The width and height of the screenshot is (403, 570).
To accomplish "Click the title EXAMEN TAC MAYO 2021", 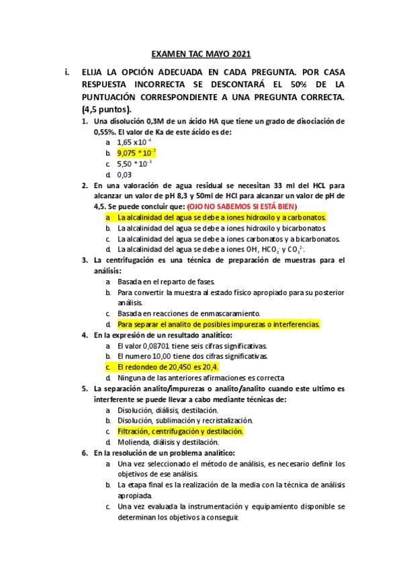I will [x=201, y=54].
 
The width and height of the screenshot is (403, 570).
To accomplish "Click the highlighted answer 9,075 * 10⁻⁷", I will [x=136, y=153].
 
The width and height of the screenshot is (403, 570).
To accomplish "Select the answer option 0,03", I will [x=124, y=174].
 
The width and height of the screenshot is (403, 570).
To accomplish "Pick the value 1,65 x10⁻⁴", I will [x=134, y=142].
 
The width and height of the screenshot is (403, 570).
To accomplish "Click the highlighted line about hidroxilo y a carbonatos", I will [x=221, y=217].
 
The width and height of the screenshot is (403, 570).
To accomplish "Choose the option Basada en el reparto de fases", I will [x=166, y=281].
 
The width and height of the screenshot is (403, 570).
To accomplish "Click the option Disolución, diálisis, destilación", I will [x=167, y=410].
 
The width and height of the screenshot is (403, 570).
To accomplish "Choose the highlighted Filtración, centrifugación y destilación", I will [x=180, y=431].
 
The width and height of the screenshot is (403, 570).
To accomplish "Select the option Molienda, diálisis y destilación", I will [x=168, y=442].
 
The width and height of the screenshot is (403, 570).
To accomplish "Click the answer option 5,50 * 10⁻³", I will [x=134, y=163].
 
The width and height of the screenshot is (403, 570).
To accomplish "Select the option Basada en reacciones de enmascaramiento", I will [x=189, y=313].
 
